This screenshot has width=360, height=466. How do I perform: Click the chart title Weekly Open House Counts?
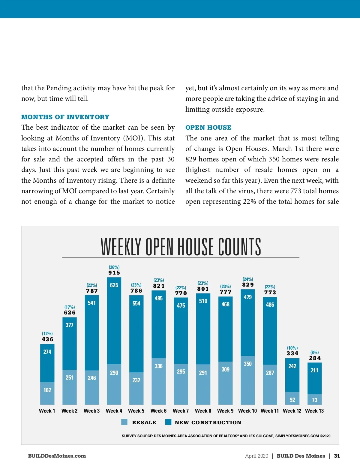(181, 247)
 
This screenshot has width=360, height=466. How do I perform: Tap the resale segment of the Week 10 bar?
(248, 381)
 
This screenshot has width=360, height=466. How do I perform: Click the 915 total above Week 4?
(114, 273)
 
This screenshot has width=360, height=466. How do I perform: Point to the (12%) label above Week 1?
(47, 334)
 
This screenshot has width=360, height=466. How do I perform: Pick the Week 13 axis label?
(314, 411)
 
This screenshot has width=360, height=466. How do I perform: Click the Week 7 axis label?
(181, 411)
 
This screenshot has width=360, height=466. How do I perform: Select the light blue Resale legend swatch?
(124, 422)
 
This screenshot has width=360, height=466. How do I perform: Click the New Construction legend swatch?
(168, 422)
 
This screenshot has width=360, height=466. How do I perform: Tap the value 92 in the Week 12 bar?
(292, 400)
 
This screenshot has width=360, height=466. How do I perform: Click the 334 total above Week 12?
(292, 353)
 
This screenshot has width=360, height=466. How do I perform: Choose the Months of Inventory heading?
(65, 117)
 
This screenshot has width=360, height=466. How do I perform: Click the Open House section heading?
(208, 128)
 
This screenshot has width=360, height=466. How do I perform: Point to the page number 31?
(337, 456)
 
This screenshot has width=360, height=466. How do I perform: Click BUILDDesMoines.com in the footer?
(57, 456)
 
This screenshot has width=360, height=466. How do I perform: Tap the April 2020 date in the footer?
(256, 456)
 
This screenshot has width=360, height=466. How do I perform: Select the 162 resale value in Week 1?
(47, 390)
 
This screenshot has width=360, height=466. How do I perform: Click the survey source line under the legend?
(226, 436)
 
